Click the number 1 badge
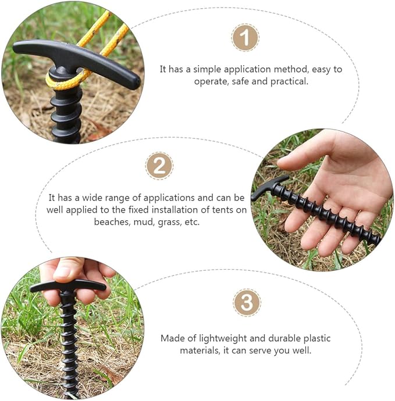pyautogui.click(x=245, y=37)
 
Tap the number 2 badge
pyautogui.click(x=159, y=166)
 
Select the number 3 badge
pyautogui.click(x=247, y=303)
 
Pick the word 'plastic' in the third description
pyautogui.click(x=317, y=338)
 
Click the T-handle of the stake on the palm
pyautogui.click(x=268, y=187)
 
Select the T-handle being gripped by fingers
pyautogui.click(x=68, y=287)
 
